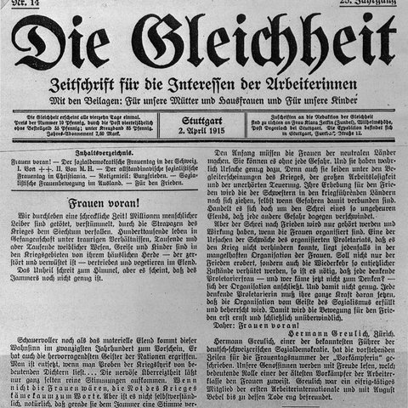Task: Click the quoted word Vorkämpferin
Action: [x=364, y=347]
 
